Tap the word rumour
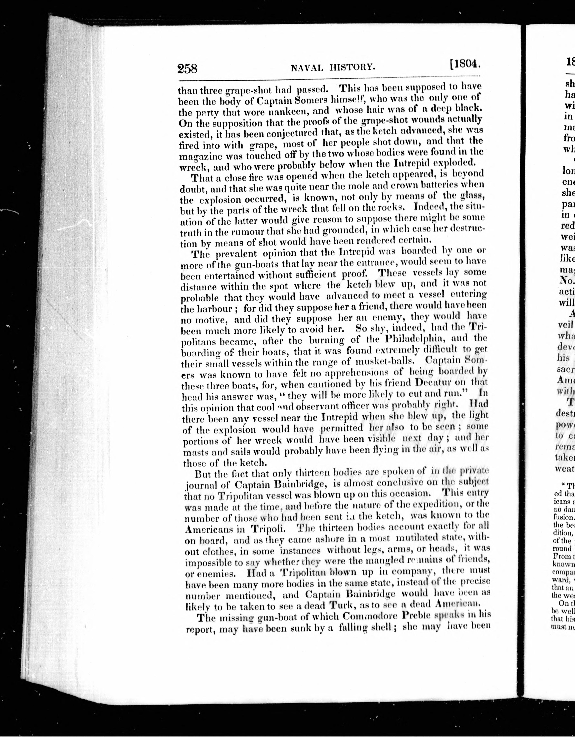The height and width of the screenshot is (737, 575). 239,231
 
